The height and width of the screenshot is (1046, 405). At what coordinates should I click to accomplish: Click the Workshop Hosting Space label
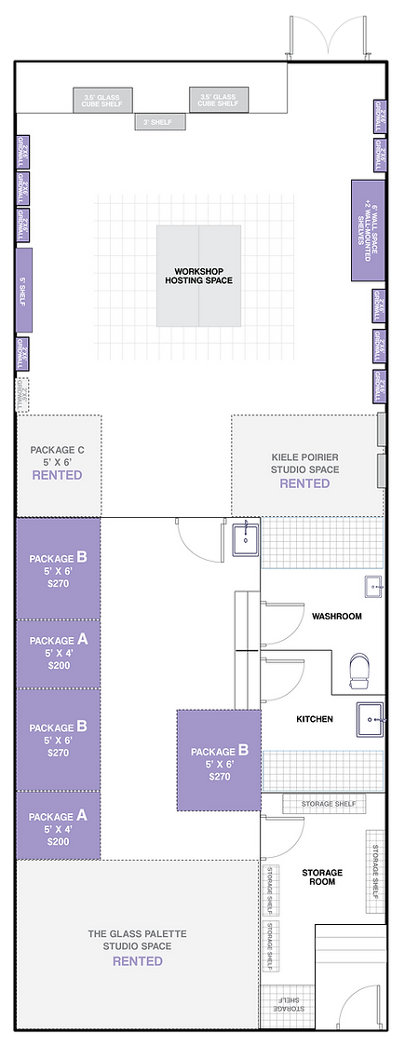coord(199,275)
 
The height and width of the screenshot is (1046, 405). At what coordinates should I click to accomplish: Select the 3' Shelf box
coord(160,122)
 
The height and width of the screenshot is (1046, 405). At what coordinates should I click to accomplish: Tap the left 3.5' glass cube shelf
coord(102,100)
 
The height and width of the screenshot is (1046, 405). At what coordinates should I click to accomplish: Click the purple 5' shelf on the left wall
coord(24,290)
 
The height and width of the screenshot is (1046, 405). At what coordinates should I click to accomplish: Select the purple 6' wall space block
coord(367,230)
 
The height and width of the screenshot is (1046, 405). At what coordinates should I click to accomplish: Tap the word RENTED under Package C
coord(57,475)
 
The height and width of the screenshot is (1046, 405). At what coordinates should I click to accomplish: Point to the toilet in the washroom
coord(359,671)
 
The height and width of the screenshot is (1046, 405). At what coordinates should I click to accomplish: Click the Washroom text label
coord(336,617)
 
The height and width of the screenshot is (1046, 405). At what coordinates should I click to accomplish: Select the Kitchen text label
coord(315,719)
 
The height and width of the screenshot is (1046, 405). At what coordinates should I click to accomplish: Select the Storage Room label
coord(322,877)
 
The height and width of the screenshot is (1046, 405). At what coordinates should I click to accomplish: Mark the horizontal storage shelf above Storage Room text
coord(325,805)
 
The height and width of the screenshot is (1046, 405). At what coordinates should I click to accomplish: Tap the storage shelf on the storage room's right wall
coord(375,868)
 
